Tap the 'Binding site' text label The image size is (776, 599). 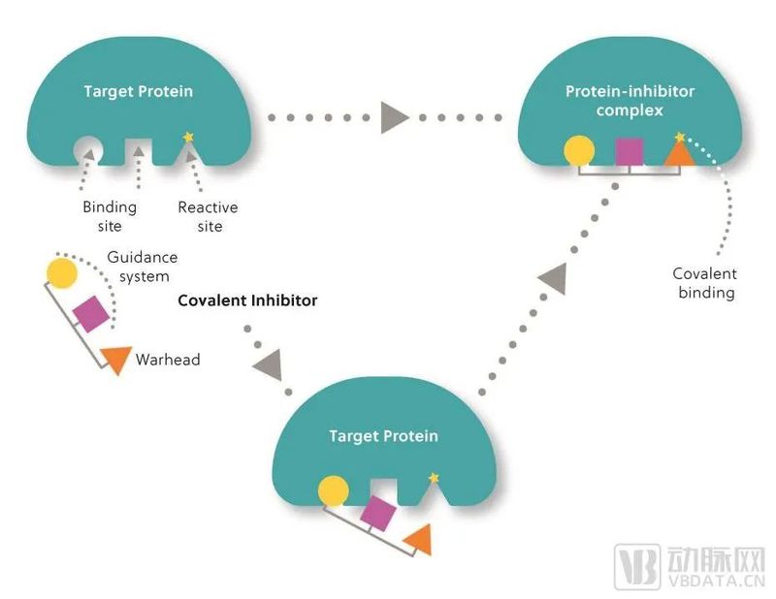(110, 216)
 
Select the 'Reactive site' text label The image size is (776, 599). (209, 216)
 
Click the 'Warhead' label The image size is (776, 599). (168, 360)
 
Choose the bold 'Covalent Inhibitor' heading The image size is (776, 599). (247, 300)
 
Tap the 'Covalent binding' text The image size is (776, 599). (705, 283)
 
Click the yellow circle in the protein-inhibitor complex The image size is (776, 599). (579, 151)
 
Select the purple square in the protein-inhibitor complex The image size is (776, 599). (630, 151)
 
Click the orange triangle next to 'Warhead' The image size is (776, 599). (116, 359)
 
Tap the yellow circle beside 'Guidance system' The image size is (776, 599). (61, 273)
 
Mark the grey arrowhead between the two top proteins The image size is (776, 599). (394, 117)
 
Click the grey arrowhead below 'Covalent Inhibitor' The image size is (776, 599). (267, 366)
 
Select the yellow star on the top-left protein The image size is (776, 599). (188, 137)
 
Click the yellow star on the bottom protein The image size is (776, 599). (433, 477)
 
